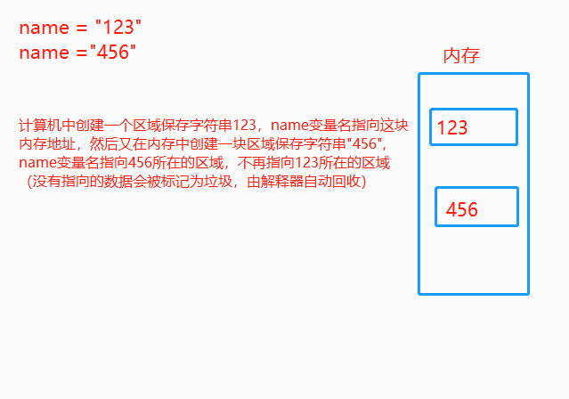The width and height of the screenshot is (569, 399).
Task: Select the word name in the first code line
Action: tap(44, 27)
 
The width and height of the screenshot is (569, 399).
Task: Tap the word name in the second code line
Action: tap(44, 53)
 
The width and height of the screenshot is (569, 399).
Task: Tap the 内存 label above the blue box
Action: tap(461, 56)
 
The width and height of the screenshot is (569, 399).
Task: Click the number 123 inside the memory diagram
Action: tap(452, 128)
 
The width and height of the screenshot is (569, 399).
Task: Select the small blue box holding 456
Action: tap(476, 207)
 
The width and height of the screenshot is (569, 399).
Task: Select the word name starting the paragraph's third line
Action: tap(37, 163)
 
